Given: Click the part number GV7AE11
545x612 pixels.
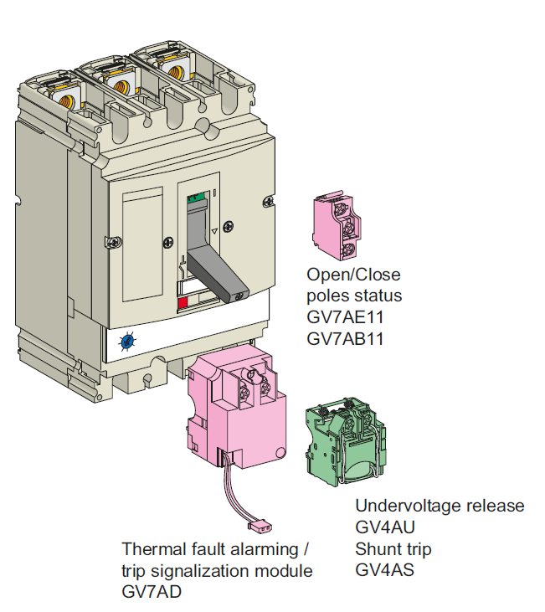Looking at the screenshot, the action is point(345,317).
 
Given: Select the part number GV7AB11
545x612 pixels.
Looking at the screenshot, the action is point(345,339).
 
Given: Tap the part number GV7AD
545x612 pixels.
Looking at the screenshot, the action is point(152,592).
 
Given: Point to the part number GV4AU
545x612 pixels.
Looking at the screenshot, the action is point(385,527).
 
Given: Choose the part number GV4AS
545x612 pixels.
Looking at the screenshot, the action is point(384,570).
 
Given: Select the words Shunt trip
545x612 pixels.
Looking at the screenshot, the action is point(393,549).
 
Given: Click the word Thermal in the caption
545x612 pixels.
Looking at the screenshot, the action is point(154,549).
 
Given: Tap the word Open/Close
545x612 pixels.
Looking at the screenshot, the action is point(353,275).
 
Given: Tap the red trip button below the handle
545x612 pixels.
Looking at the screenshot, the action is point(183,303).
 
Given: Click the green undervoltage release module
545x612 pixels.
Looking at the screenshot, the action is point(346,441).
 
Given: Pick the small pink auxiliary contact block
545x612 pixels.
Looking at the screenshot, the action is point(336,225).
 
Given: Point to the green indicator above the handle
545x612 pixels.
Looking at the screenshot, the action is point(196,197).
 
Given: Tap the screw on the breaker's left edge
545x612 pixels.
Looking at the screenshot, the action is point(114,243).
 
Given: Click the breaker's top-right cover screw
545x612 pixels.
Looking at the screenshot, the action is point(268,202).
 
